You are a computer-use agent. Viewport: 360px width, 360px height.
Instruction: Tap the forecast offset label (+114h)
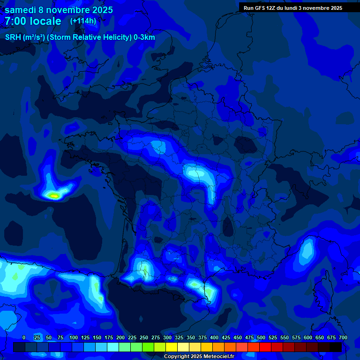tap(83, 21)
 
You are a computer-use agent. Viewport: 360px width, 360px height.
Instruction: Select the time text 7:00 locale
tap(33, 21)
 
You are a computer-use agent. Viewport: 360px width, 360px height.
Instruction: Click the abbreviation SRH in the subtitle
tap(13, 37)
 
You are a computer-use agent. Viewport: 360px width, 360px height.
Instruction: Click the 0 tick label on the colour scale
tap(24, 337)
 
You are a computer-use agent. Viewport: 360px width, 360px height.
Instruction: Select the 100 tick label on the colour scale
tap(74, 337)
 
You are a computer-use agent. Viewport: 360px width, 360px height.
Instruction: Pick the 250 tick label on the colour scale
tap(144, 337)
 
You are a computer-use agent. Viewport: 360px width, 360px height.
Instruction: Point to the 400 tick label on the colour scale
tap(214, 337)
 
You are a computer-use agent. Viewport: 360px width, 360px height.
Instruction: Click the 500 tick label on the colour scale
tap(261, 337)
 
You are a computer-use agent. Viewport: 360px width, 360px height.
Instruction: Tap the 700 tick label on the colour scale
tap(343, 337)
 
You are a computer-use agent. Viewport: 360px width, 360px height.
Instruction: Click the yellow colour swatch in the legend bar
tap(172, 347)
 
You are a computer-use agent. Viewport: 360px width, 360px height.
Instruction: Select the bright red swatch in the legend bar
tap(265, 347)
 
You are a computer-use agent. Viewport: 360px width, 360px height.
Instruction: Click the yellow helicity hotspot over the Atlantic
tap(54, 195)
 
